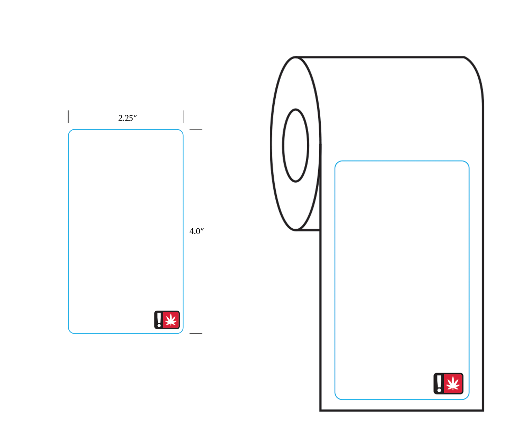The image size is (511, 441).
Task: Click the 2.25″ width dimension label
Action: point(127,118)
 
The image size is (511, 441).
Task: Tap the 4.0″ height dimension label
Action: point(196,231)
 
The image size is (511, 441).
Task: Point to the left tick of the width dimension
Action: point(68,117)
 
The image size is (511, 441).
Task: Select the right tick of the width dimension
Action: point(183,117)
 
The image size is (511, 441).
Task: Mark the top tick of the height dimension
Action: point(196,129)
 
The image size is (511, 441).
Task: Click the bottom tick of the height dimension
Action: point(196,334)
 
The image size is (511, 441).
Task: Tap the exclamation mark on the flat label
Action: point(159,320)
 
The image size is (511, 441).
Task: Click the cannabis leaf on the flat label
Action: point(171,320)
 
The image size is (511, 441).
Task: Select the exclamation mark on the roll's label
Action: point(439,384)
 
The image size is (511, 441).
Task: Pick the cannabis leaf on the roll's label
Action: point(453,384)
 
